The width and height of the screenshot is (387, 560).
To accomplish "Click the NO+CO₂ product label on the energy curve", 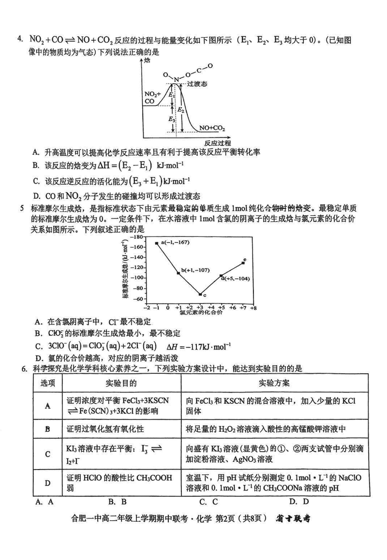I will click(x=211, y=128).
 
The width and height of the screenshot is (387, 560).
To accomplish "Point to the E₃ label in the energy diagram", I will click(x=172, y=118).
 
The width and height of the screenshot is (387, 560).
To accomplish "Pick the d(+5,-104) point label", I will click(x=235, y=279).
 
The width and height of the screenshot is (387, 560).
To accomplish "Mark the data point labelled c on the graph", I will click(x=200, y=294).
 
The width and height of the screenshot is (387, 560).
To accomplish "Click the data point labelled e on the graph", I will click(x=243, y=263).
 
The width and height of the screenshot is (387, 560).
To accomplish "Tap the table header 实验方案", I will click(x=275, y=383).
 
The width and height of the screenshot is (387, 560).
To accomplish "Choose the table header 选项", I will click(x=47, y=383).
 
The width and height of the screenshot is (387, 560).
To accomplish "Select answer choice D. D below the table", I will click(x=299, y=501).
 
